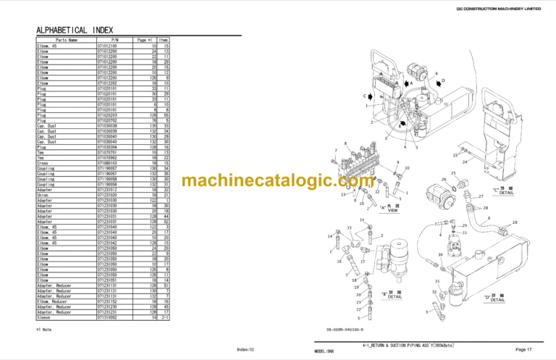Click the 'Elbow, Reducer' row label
[x=54, y=301]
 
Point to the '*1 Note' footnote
[x=46, y=330]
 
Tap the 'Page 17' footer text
[x=524, y=349]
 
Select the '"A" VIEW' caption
[x=389, y=210]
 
